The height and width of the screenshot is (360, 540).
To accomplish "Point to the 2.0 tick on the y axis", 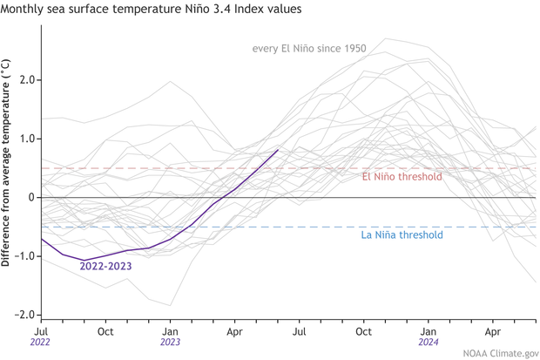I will click(26, 79).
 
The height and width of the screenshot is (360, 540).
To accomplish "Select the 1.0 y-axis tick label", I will click(26, 139).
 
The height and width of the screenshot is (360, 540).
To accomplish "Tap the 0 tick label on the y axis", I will click(30, 197).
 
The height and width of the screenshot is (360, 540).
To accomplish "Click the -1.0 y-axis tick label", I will click(24, 256).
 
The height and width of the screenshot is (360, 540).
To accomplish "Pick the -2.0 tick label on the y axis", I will click(24, 315).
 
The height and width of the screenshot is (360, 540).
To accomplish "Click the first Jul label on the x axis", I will click(41, 331).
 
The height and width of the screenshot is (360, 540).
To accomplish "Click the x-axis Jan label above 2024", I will click(428, 331).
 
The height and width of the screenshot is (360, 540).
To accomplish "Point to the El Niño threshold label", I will click(402, 177).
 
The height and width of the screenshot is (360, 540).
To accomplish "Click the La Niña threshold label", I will click(402, 235).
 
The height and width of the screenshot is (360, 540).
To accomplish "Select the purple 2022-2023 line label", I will click(105, 267).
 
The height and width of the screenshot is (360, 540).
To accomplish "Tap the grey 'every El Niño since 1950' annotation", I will click(309, 49).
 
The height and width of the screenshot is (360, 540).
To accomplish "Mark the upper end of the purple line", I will click(278, 150).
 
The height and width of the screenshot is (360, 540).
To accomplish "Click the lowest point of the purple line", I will click(84, 260).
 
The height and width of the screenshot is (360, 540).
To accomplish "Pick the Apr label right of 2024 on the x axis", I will click(492, 331).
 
